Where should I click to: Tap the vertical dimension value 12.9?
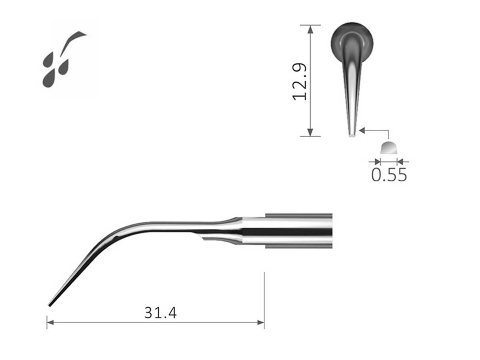click(x=300, y=81)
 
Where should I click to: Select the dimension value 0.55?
click(x=389, y=175)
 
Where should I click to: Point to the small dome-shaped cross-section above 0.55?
click(x=389, y=148)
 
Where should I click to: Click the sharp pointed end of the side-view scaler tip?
click(x=50, y=305)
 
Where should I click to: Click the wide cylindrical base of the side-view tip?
click(x=298, y=231)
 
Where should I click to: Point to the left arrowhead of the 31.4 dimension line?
click(x=50, y=322)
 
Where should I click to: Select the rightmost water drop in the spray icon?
click(x=64, y=68)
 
